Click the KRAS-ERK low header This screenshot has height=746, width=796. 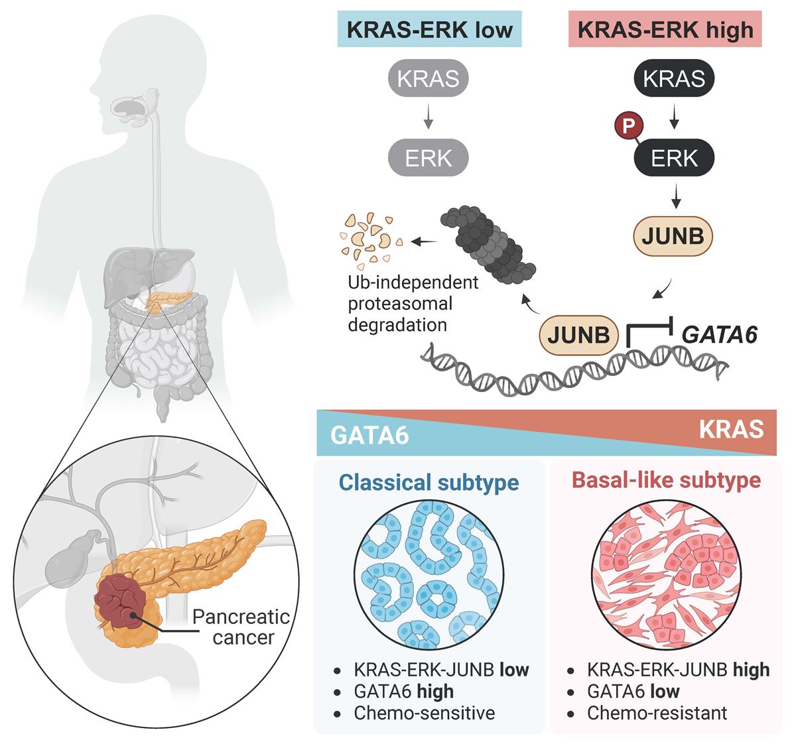tap(429, 30)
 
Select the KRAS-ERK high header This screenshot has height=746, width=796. tap(665, 30)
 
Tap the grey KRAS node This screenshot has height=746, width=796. tap(428, 79)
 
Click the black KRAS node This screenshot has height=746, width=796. tap(674, 79)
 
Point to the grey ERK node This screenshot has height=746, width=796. tap(428, 158)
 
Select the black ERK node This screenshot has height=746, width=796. tap(674, 158)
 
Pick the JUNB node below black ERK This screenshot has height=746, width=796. tap(673, 236)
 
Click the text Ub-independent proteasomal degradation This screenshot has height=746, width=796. tap(413, 304)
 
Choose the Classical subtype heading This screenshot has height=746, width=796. tap(429, 482)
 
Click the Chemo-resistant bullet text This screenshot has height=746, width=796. tap(657, 713)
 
